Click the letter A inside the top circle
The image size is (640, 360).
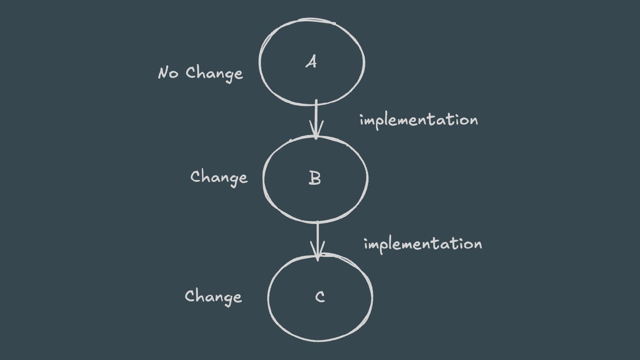(x=311, y=62)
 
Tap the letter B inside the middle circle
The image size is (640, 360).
(x=314, y=178)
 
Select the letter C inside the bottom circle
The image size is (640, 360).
(x=320, y=296)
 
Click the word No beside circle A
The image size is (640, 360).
(x=168, y=72)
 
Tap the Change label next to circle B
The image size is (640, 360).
(x=219, y=177)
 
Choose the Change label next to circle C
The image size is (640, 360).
(x=213, y=296)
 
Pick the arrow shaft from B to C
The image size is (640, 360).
(x=317, y=236)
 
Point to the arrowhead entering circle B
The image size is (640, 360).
(x=316, y=131)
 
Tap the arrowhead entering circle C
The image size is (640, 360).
(x=318, y=253)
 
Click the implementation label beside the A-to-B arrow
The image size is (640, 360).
(x=419, y=120)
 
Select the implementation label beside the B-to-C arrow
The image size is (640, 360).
(x=423, y=244)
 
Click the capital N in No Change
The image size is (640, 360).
(x=163, y=72)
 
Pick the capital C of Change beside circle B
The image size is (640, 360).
(x=196, y=177)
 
